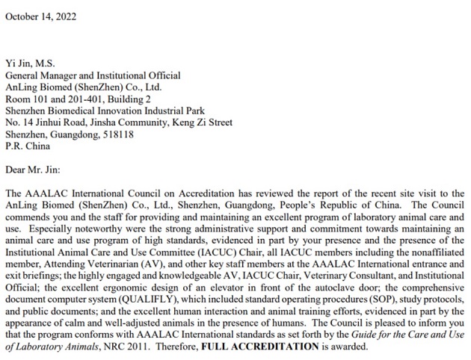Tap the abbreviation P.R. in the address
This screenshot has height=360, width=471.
pos(13,146)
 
